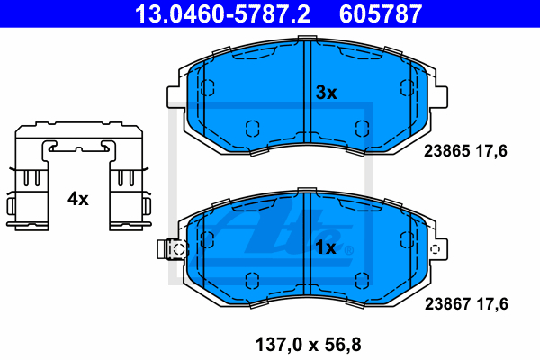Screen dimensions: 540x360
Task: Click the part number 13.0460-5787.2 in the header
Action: coord(222,14)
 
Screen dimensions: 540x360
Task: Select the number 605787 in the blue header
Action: coord(381,14)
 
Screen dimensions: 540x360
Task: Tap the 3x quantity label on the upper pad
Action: coord(326,93)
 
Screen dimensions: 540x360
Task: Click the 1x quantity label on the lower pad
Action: coord(326,247)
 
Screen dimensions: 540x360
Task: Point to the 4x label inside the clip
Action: coord(77,199)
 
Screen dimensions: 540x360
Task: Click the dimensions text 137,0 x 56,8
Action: coord(308,345)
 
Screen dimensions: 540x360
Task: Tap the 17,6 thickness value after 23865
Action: coord(491,151)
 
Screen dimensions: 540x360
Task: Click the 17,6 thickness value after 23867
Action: coord(492,304)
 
